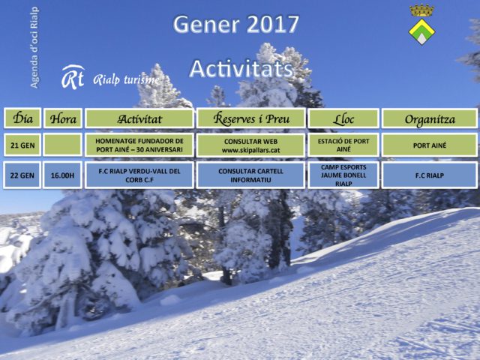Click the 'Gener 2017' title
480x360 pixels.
(235, 24)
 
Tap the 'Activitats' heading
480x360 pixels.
(241, 69)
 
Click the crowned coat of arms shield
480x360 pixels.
(421, 25)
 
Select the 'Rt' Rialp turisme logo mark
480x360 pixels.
(73, 77)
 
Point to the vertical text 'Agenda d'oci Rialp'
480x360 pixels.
(34, 47)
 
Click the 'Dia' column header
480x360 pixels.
(22, 118)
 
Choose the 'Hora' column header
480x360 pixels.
(63, 118)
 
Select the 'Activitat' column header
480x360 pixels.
(139, 118)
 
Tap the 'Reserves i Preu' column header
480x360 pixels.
(250, 118)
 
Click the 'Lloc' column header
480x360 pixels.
(343, 118)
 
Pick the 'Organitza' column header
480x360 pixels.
(430, 118)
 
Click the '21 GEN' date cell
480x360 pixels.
(22, 145)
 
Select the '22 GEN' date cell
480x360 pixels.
(22, 175)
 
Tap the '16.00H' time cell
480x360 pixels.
(63, 175)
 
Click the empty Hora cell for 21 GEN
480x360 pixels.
(63, 145)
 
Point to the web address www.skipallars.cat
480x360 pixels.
(250, 150)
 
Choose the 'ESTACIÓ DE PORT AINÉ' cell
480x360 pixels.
(343, 145)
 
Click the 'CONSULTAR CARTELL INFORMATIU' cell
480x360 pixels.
(250, 175)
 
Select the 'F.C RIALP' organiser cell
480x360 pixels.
(430, 175)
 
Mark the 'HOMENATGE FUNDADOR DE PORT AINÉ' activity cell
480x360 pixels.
(139, 145)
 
